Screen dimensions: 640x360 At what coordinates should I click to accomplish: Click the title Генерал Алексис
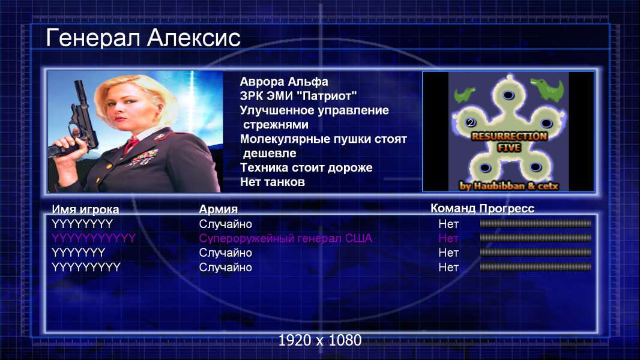[x=143, y=38]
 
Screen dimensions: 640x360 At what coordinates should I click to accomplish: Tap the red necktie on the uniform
[x=131, y=144]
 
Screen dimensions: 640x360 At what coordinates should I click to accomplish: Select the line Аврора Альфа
[x=283, y=82]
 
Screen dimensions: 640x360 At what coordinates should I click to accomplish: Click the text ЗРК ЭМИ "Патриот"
[x=298, y=96]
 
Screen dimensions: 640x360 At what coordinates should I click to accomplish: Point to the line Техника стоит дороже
[x=306, y=167]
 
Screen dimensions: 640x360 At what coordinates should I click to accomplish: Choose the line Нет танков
[x=272, y=182]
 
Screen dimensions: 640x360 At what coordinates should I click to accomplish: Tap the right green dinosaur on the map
[x=548, y=89]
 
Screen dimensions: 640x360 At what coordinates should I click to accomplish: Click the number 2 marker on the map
[x=471, y=123]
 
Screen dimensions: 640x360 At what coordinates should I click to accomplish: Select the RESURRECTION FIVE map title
[x=509, y=142]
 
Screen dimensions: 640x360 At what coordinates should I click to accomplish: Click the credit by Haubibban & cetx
[x=509, y=186]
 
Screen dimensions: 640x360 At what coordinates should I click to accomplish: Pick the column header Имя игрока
[x=85, y=209]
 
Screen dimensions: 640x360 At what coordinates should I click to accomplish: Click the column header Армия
[x=218, y=209]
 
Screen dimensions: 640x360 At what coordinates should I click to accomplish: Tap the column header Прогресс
[x=507, y=208]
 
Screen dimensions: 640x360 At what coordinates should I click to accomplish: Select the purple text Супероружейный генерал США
[x=285, y=238]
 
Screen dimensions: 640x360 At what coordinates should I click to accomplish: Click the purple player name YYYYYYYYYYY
[x=94, y=238]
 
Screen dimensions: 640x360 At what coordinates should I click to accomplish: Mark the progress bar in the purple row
[x=536, y=238]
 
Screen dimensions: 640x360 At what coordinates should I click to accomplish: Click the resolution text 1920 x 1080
[x=320, y=340]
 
